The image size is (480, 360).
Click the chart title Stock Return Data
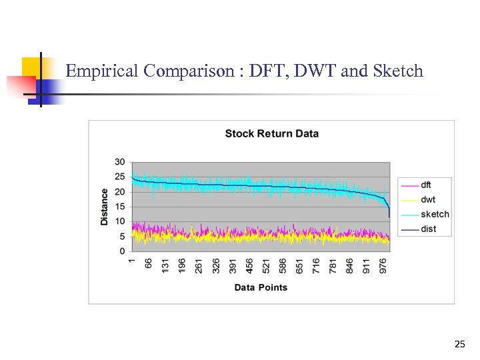pyautogui.click(x=271, y=133)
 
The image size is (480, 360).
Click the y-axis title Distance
pyautogui.click(x=105, y=207)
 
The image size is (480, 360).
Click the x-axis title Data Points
pyautogui.click(x=261, y=287)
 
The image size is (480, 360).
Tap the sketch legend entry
pyautogui.click(x=435, y=214)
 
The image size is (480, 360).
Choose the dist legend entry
pyautogui.click(x=429, y=229)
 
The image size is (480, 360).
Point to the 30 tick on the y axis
pyautogui.click(x=120, y=162)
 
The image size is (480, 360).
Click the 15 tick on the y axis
pyautogui.click(x=120, y=207)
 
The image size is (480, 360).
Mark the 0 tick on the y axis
pyautogui.click(x=123, y=251)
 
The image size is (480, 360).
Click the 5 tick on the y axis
pyautogui.click(x=123, y=237)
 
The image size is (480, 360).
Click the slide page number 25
pyautogui.click(x=459, y=345)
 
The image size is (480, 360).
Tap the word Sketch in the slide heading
pyautogui.click(x=401, y=71)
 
